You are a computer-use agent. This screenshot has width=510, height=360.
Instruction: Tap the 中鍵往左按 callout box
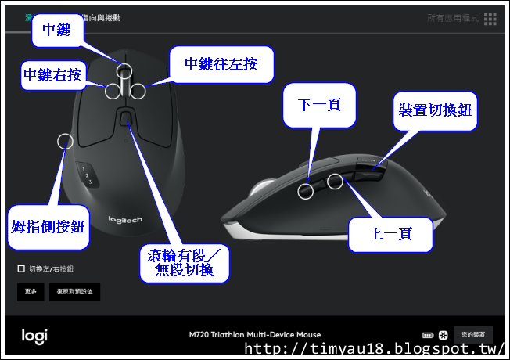221,64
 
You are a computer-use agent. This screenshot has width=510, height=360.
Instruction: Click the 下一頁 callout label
319,104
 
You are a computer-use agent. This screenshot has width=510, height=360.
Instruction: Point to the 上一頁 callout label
390,234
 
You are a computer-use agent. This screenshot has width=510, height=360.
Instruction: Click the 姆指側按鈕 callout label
48,227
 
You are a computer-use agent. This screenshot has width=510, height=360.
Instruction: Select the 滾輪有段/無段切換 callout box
186,263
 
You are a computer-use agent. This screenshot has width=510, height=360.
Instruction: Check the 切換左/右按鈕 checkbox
21,269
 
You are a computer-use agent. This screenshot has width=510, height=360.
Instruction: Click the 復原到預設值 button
74,292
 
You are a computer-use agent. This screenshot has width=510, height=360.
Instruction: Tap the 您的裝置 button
473,334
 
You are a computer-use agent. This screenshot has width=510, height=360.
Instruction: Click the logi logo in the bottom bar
34,335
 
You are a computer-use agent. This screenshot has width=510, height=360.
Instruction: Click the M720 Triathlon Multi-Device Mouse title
254,335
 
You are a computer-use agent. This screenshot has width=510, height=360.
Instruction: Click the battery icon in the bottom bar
428,335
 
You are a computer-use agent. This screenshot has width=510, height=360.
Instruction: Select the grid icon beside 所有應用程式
490,18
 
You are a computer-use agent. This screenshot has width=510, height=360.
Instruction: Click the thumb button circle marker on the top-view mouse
65,141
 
